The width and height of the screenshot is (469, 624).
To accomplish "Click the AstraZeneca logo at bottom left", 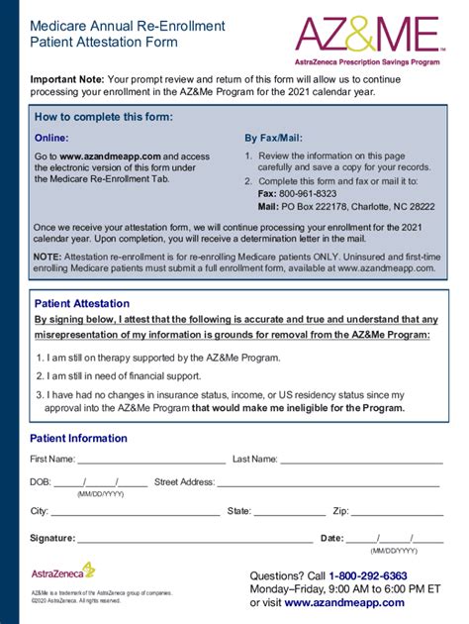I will (62, 571).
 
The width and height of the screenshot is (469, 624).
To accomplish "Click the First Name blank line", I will (151, 461).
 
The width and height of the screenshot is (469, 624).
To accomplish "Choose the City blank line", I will (135, 513).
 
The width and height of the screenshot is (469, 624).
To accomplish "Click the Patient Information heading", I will (78, 438).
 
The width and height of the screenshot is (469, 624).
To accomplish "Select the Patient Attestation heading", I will (82, 304).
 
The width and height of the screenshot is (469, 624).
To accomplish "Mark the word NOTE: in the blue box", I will (47, 257).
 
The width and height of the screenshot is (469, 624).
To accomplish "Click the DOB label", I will (41, 482).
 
